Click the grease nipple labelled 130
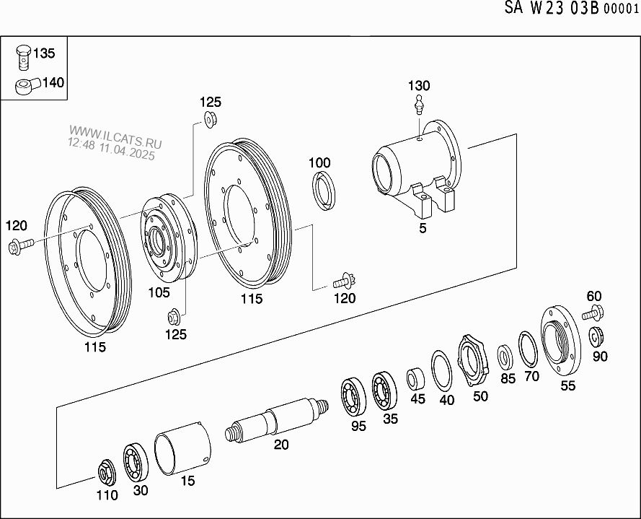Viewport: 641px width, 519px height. click(x=418, y=105)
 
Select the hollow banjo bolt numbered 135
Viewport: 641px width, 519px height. click(x=24, y=58)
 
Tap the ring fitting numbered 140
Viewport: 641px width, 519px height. click(x=27, y=85)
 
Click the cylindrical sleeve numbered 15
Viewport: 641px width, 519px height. click(x=182, y=449)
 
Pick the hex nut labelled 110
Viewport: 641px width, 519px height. click(x=106, y=474)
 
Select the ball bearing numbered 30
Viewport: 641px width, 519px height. click(x=136, y=463)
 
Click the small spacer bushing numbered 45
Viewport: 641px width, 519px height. click(x=415, y=379)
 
